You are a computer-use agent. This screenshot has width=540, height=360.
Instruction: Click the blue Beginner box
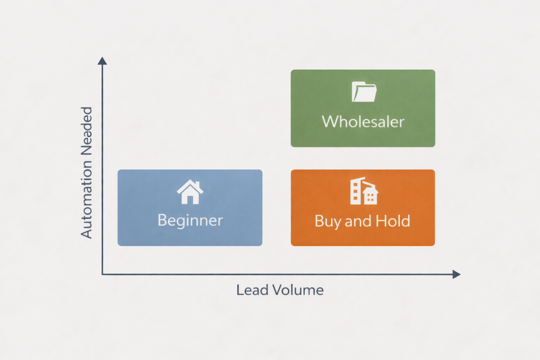tap(189, 207)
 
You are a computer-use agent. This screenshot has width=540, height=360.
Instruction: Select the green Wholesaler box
tap(363, 108)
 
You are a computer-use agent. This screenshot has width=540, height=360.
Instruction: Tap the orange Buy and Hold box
tap(363, 207)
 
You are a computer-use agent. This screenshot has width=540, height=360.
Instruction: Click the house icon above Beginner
tap(190, 192)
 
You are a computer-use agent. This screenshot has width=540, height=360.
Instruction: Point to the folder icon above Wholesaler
tap(364, 92)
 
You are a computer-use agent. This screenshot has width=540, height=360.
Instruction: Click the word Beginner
tap(190, 220)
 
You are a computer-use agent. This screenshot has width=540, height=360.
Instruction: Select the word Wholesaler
tap(363, 122)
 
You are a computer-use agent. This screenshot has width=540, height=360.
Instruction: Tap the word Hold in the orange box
tap(393, 220)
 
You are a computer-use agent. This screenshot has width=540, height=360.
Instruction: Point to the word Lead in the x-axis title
tap(249, 290)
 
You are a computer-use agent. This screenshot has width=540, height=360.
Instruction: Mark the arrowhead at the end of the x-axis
tap(456, 275)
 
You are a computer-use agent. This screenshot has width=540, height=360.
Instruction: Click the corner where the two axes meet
tap(103, 274)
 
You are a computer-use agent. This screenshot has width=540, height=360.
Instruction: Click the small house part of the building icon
tap(371, 197)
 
